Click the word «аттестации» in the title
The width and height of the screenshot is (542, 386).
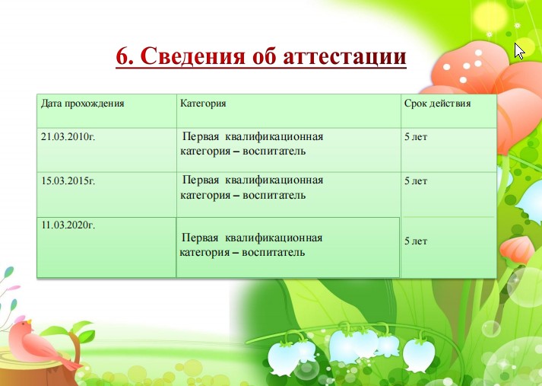(344, 56)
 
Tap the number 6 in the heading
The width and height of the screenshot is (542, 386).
(122, 56)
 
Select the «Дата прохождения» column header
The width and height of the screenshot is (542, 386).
(83, 104)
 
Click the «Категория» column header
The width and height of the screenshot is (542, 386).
(203, 104)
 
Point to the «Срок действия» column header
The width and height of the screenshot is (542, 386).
(438, 104)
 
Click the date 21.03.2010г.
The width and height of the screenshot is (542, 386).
(68, 137)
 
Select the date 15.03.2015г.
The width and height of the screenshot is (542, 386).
(68, 181)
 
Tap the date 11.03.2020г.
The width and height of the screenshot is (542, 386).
(68, 225)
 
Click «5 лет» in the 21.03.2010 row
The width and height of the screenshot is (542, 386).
(416, 137)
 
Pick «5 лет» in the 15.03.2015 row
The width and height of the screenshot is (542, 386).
(416, 181)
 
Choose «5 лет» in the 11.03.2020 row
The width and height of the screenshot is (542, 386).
(416, 241)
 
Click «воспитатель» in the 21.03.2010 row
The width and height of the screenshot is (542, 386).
(274, 152)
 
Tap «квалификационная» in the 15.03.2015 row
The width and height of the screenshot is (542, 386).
(274, 180)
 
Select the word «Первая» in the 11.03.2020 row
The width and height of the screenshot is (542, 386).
(200, 238)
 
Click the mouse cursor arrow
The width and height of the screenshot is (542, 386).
(519, 51)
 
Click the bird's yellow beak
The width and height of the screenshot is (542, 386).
(30, 321)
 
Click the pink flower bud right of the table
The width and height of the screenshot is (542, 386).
(517, 250)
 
